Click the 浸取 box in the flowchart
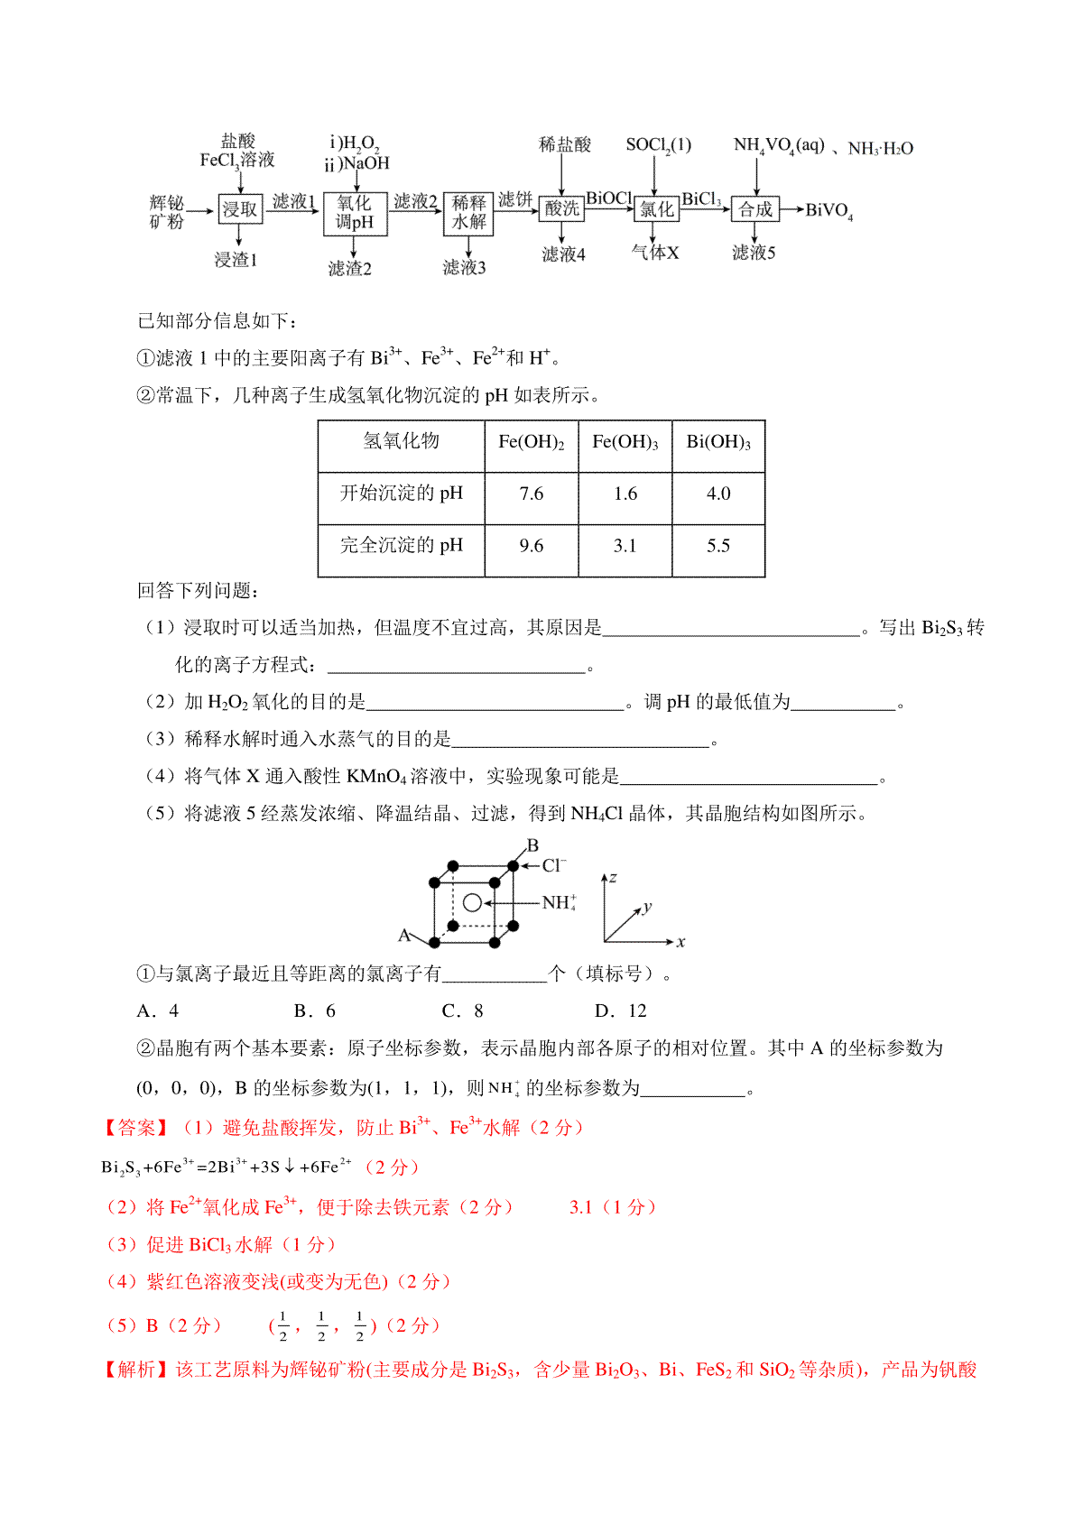tap(239, 209)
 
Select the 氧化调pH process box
tap(355, 213)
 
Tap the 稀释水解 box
tap(468, 213)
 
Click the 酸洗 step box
tap(561, 208)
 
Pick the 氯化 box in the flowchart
tap(656, 209)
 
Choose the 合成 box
tap(755, 209)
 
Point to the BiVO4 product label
tap(828, 211)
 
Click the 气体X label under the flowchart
tap(655, 254)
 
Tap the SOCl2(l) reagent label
tap(658, 145)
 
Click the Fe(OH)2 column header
tap(532, 442)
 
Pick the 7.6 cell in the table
tap(532, 494)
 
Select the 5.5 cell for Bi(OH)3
tap(718, 546)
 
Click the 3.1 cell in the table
tap(625, 546)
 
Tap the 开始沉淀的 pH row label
tap(401, 494)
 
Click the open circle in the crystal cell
tap(472, 902)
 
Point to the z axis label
tap(613, 877)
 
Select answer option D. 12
tap(621, 1011)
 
